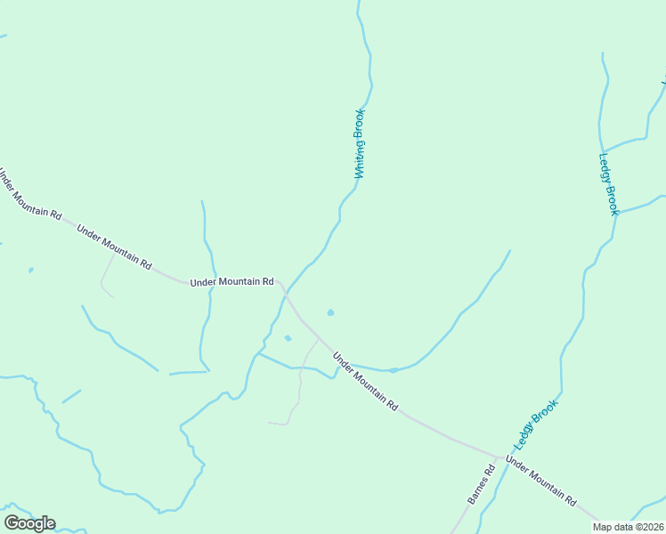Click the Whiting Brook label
(x=360, y=143)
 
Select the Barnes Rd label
(x=481, y=485)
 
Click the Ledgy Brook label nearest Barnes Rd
(x=534, y=425)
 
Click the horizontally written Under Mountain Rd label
(x=231, y=282)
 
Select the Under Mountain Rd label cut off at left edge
(x=29, y=195)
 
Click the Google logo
(x=29, y=523)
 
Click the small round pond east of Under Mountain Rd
(x=330, y=312)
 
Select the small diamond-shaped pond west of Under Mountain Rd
(x=287, y=338)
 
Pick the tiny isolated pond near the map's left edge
(x=31, y=270)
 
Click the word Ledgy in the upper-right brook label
(x=605, y=169)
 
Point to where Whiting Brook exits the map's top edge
(x=358, y=3)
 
